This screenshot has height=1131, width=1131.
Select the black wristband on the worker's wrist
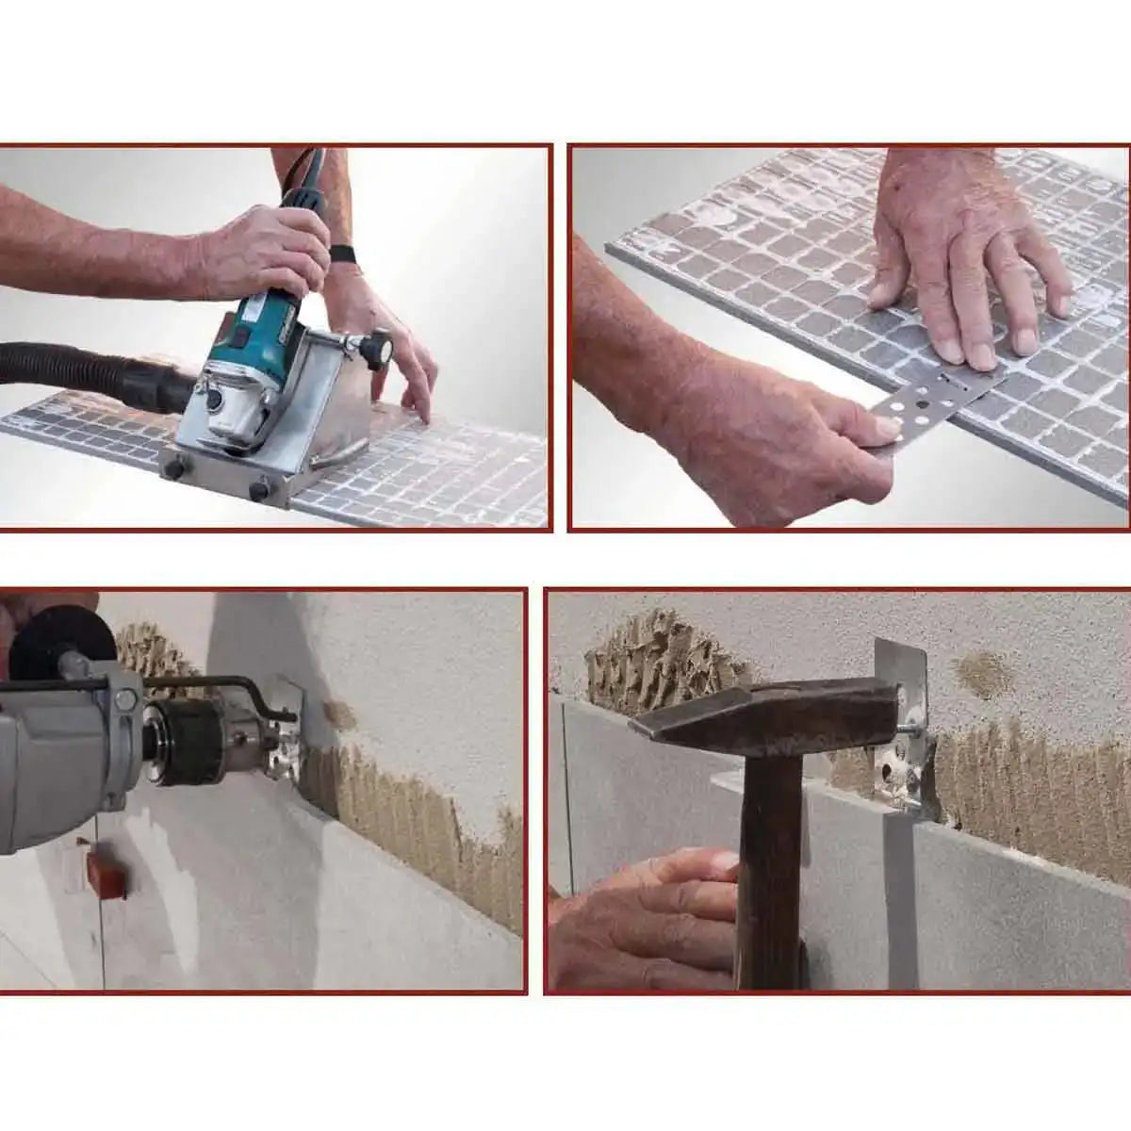click(x=341, y=254)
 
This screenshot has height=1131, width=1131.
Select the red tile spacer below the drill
click(x=106, y=874)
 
